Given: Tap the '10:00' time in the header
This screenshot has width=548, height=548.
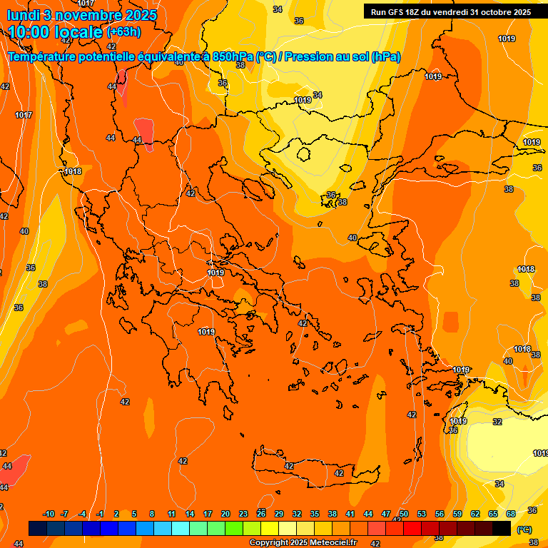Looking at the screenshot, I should pos(31,33).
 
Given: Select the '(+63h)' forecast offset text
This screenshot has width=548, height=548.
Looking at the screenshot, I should pos(123,32).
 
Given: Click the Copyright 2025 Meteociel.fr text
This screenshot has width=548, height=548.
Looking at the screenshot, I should pos(303,543).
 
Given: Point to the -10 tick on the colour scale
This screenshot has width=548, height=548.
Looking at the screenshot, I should pos(49,514).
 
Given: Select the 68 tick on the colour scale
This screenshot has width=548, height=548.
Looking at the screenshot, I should pos(511,514).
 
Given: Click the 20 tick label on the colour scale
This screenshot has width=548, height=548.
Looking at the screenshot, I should pos(225,514).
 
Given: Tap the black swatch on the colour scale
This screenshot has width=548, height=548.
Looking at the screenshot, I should pos(502,528).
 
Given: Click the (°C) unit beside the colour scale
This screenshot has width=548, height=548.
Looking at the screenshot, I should pos(524,529).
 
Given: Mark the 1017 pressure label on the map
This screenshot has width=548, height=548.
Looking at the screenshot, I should pos(24,115).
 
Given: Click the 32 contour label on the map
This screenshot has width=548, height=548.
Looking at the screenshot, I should pos(497,422).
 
